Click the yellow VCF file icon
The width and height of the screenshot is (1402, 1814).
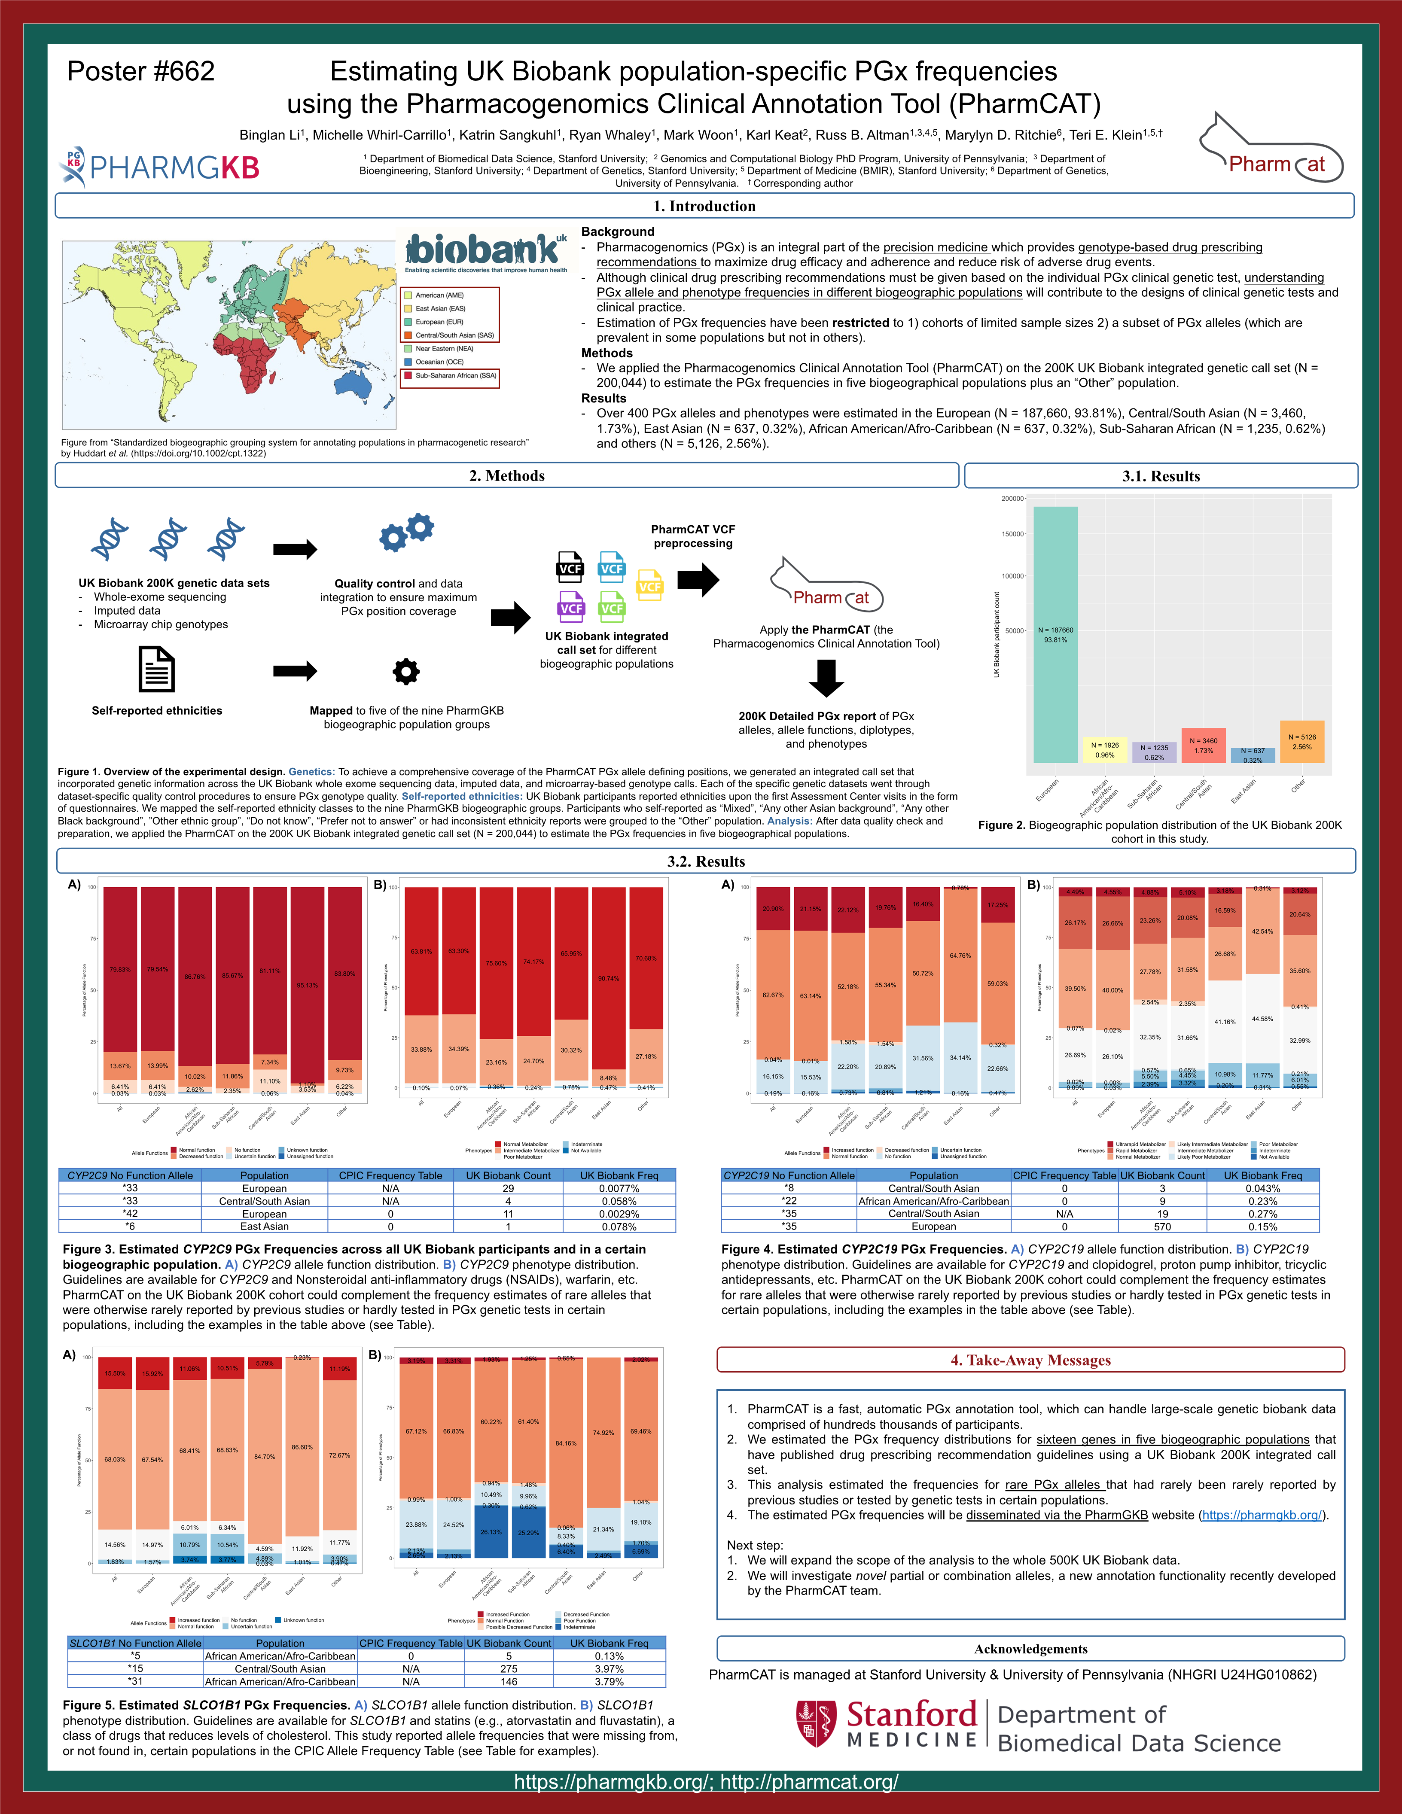649,586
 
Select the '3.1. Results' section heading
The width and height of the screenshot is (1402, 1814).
1160,476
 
